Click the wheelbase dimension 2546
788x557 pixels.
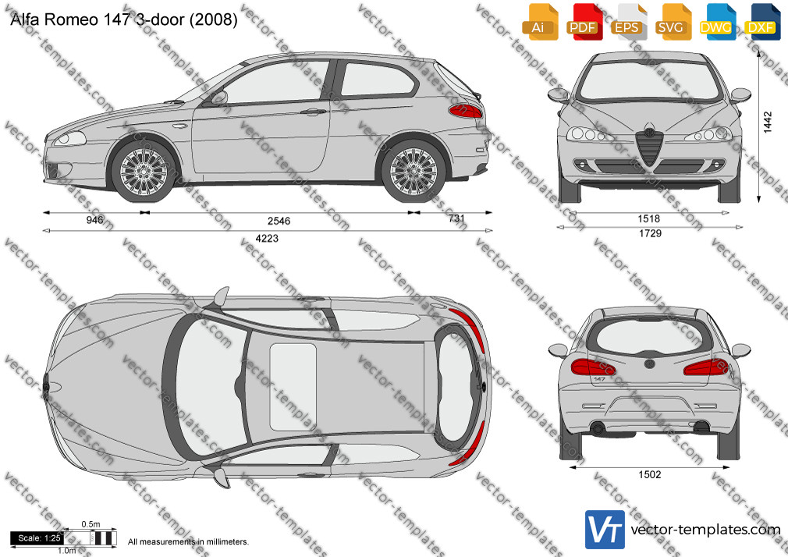tap(279, 221)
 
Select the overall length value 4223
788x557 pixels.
tap(267, 238)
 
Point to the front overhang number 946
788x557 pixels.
tap(95, 220)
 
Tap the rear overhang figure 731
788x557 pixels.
tap(456, 218)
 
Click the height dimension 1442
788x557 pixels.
tap(768, 122)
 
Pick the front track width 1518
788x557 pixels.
tap(649, 218)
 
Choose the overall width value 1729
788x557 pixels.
tap(651, 233)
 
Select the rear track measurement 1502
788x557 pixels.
tap(650, 474)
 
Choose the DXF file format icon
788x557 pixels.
tap(762, 22)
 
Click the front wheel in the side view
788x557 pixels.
tap(144, 172)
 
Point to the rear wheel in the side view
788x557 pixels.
tap(414, 172)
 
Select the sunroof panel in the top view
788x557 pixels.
tap(293, 387)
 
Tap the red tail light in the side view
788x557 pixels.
tap(465, 111)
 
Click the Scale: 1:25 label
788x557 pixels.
tap(39, 538)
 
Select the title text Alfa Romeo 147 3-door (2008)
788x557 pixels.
tap(123, 19)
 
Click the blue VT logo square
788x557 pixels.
tap(605, 530)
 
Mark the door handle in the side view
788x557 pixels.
tap(313, 112)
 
